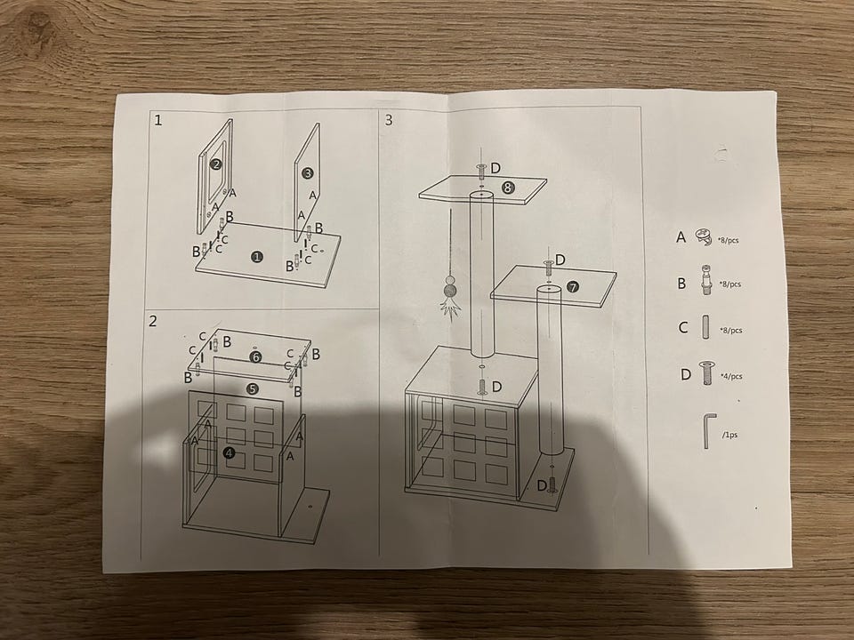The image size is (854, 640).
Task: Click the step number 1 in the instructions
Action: click(158, 120)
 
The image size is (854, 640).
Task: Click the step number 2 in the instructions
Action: click(152, 321)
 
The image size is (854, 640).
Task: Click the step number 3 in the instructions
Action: click(389, 120)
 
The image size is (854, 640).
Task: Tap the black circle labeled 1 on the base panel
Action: click(257, 257)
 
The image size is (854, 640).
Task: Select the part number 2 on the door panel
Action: click(216, 164)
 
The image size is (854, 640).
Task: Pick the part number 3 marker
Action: click(308, 173)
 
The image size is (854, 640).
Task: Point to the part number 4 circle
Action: click(230, 452)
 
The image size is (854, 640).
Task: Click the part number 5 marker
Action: click(252, 388)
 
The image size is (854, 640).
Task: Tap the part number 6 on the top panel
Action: click(255, 357)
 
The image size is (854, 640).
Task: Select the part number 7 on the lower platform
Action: click(572, 287)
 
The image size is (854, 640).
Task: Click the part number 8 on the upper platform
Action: click(508, 188)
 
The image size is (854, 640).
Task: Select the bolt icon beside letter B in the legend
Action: click(705, 280)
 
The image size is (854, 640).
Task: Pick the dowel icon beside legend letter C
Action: click(705, 328)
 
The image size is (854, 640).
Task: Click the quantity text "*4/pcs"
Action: click(731, 376)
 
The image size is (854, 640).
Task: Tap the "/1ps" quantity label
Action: click(729, 435)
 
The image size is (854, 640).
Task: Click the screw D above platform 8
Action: click(482, 171)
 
